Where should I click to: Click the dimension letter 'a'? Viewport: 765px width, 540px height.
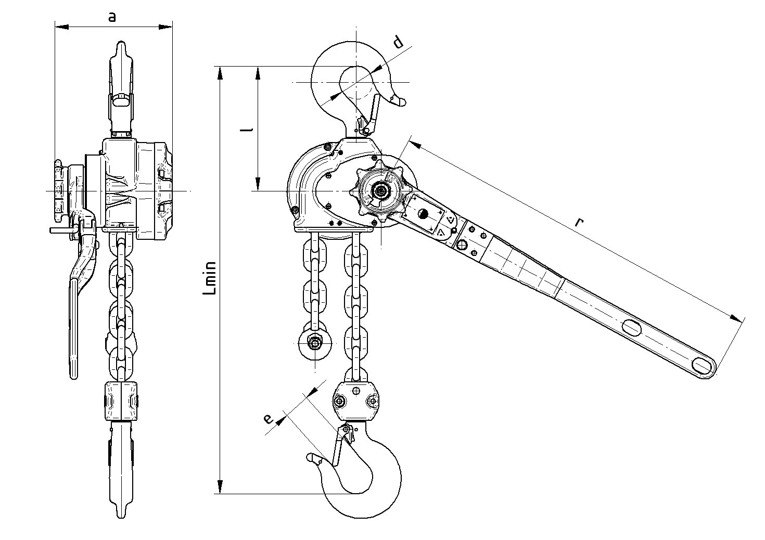[x=112, y=17]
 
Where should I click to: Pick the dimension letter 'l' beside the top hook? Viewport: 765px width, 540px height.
[x=249, y=128]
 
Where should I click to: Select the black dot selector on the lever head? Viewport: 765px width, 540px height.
[x=423, y=213]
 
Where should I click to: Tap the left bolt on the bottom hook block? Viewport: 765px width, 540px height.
[x=340, y=401]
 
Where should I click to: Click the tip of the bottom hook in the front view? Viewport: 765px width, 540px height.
[x=312, y=457]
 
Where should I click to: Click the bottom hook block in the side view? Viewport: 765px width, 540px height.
[x=122, y=401]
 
